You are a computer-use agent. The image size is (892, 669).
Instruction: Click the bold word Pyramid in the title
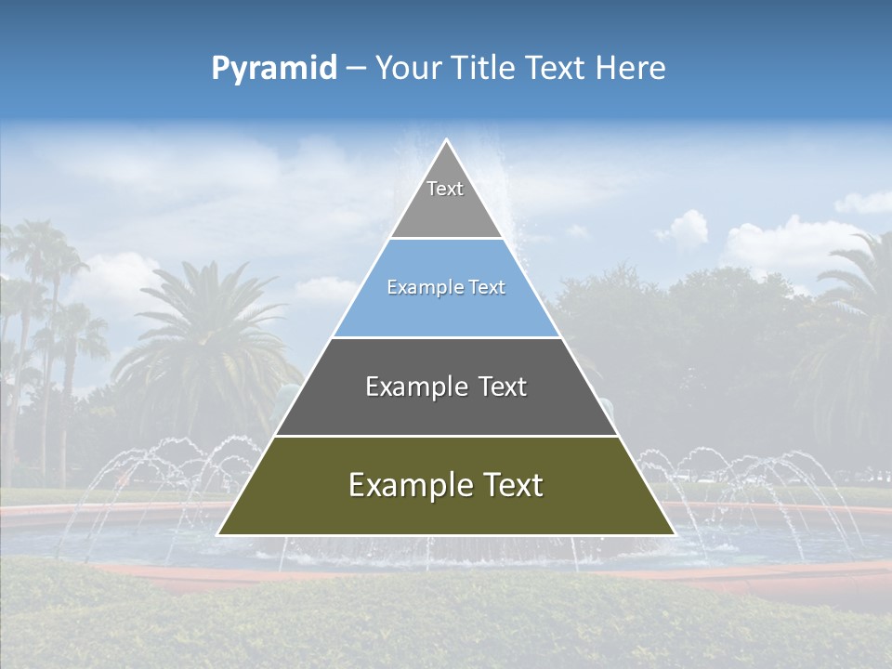pyautogui.click(x=274, y=69)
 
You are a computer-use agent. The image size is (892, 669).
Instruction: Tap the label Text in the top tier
pyautogui.click(x=445, y=189)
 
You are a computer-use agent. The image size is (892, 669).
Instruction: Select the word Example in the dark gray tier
pyautogui.click(x=409, y=387)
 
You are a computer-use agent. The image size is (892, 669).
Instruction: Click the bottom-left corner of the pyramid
pyautogui.click(x=218, y=534)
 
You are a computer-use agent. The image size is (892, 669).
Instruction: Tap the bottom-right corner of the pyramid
pyautogui.click(x=675, y=534)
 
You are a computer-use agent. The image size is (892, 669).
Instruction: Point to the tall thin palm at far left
pyautogui.click(x=42, y=279)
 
